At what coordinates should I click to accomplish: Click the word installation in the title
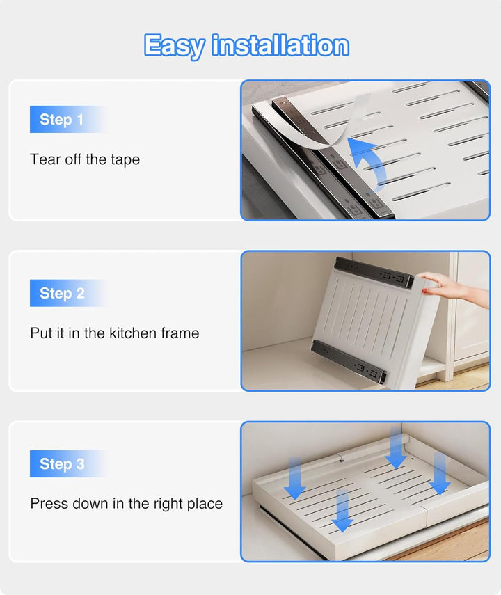point(280,45)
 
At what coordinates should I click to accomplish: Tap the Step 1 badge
point(68,119)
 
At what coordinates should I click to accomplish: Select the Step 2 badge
point(68,293)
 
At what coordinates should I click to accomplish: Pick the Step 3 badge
point(68,463)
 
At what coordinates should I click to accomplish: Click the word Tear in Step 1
point(45,159)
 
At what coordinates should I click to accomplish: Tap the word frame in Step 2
point(180,333)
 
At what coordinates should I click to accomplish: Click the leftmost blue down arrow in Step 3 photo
point(295,479)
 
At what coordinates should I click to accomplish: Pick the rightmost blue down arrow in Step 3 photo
point(440,474)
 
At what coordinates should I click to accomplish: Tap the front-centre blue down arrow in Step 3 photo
point(342,511)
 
